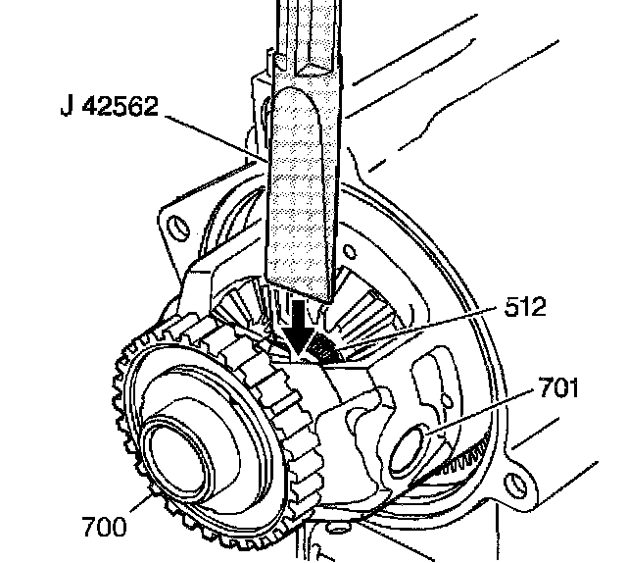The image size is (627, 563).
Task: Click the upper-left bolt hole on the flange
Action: click(x=179, y=228)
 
